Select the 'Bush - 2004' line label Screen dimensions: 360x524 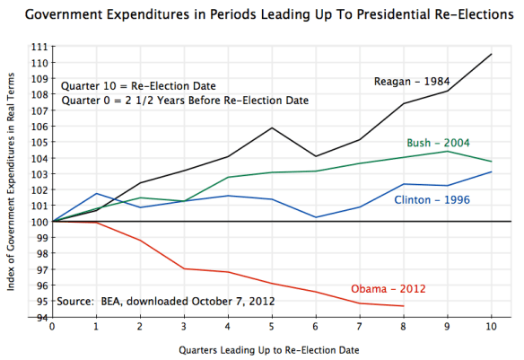pos(439,142)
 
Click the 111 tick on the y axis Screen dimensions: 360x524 pos(39,47)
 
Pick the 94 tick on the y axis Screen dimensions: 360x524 pos(41,317)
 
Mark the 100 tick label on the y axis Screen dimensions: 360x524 pos(39,221)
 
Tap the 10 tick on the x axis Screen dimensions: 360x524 pos(491,328)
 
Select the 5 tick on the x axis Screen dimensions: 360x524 pos(272,328)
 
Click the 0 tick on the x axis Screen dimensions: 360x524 pos(53,328)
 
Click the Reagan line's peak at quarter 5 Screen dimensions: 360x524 pos(272,127)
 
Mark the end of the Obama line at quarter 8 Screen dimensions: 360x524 pos(404,306)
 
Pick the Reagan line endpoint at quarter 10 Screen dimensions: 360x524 pos(491,54)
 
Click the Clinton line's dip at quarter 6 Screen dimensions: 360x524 pos(316,217)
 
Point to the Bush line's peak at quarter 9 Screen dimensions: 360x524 pos(448,151)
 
